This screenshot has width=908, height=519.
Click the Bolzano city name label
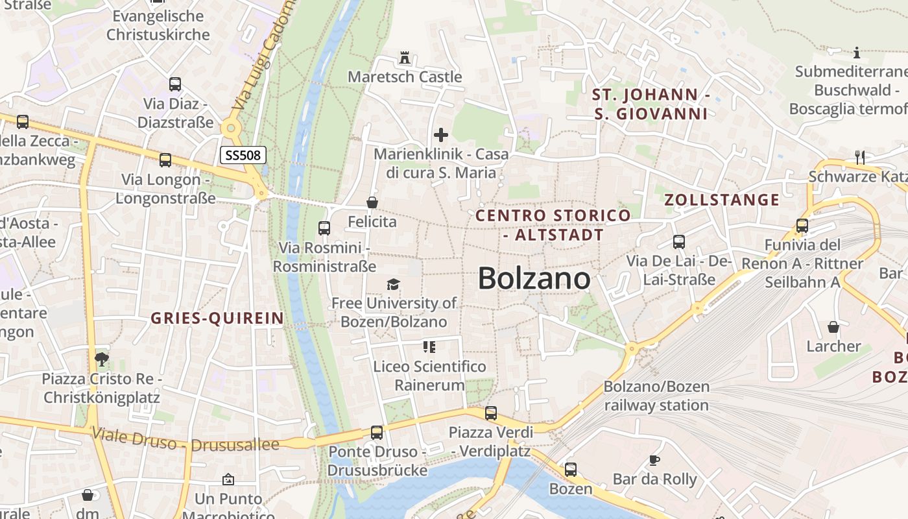534,278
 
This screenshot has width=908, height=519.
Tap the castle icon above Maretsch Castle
405,57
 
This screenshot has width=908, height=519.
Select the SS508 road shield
243,155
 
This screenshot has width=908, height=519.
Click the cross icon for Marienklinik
441,135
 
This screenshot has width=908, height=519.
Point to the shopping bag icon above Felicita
372,203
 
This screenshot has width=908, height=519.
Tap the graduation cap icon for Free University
393,284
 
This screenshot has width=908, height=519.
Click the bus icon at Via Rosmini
324,228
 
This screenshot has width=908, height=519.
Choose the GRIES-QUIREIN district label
217,318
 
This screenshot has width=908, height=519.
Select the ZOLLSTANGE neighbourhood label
722,200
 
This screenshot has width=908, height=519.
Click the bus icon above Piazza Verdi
491,413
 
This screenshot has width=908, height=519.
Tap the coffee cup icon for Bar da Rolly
654,461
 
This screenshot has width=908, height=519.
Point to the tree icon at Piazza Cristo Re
101,359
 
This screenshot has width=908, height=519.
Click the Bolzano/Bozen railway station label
656,396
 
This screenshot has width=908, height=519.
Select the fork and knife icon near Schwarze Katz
860,157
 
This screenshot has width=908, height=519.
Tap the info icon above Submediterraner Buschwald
857,53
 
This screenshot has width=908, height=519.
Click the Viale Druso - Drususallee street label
185,439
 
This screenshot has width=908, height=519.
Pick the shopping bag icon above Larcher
833,327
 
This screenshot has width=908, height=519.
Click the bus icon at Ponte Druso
377,432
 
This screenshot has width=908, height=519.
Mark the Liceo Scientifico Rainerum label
429,376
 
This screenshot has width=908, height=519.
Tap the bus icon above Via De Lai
679,242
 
